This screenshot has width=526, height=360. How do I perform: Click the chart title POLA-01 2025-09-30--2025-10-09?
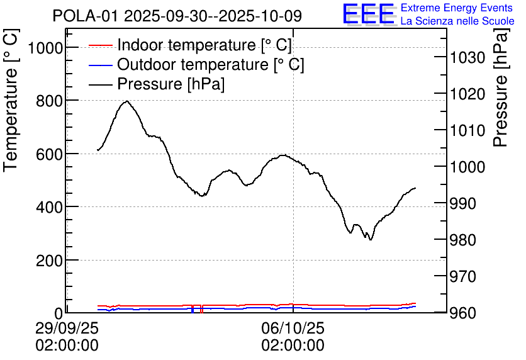point(177,16)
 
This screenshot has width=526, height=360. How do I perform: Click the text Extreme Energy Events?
point(457,8)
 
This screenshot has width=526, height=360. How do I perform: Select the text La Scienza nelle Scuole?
point(457,21)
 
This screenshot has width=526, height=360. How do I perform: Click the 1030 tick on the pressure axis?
point(467,58)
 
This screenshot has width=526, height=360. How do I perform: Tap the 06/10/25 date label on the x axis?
point(293,329)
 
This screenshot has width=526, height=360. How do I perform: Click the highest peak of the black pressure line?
point(127,101)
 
